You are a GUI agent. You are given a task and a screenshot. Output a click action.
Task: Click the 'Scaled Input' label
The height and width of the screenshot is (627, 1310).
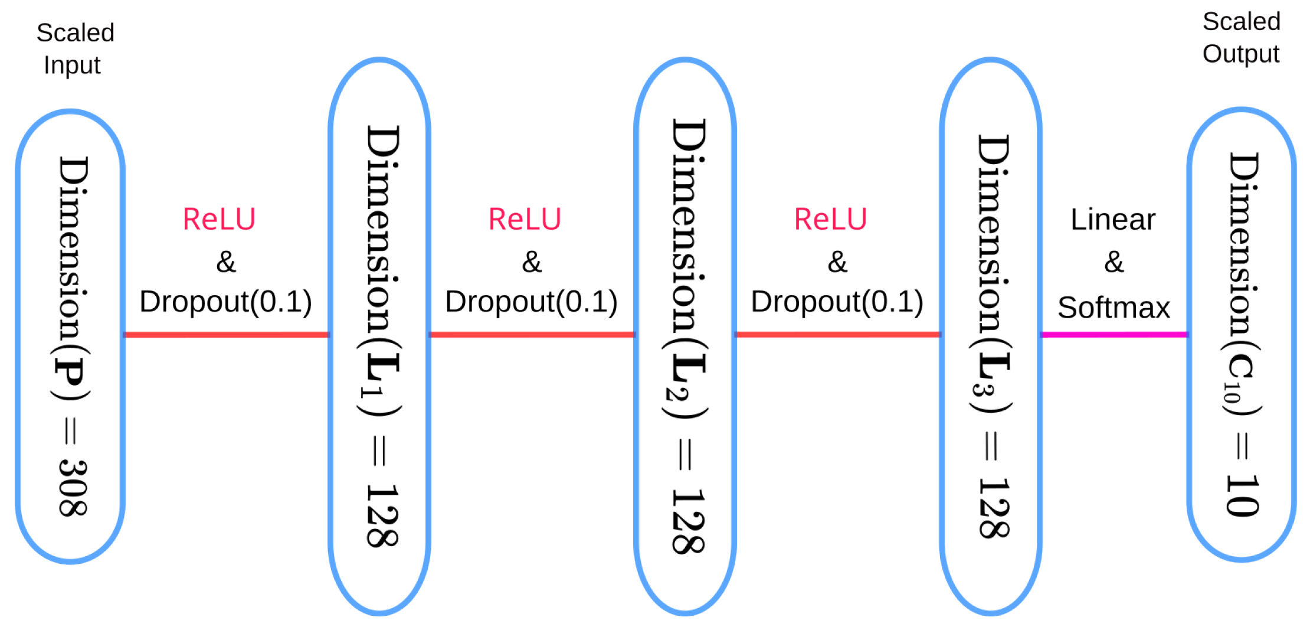pos(75,48)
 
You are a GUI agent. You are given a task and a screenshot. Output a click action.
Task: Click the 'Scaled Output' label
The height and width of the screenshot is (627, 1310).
pos(1241,37)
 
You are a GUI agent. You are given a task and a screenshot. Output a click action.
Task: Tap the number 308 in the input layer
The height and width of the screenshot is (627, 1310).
pos(73,488)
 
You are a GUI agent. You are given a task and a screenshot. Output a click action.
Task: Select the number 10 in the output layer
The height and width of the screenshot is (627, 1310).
pos(1243,495)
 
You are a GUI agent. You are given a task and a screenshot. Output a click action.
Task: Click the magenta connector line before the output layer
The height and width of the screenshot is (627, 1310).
pos(1113,335)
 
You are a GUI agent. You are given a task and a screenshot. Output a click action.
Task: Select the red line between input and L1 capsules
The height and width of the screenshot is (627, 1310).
pos(225,335)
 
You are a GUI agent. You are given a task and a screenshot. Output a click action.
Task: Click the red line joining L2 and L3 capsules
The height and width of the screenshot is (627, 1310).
pos(837,335)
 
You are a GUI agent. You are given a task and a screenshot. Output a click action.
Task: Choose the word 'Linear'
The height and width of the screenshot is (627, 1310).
pos(1113,220)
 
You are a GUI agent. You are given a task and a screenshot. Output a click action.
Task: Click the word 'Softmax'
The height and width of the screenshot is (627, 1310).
pos(1113,308)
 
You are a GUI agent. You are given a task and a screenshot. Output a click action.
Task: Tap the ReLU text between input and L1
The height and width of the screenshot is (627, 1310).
pos(219,220)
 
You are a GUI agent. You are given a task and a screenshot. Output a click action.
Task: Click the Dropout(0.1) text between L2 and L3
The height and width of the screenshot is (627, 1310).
pos(837,302)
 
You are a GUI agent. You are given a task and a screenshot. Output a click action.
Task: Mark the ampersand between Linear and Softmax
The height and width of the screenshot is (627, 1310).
pos(1114,262)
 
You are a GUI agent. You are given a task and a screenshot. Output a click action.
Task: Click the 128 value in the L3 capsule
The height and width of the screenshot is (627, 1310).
pos(994,508)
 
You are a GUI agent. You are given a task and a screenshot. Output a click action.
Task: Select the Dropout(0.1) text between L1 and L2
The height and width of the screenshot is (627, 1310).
pos(531,302)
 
